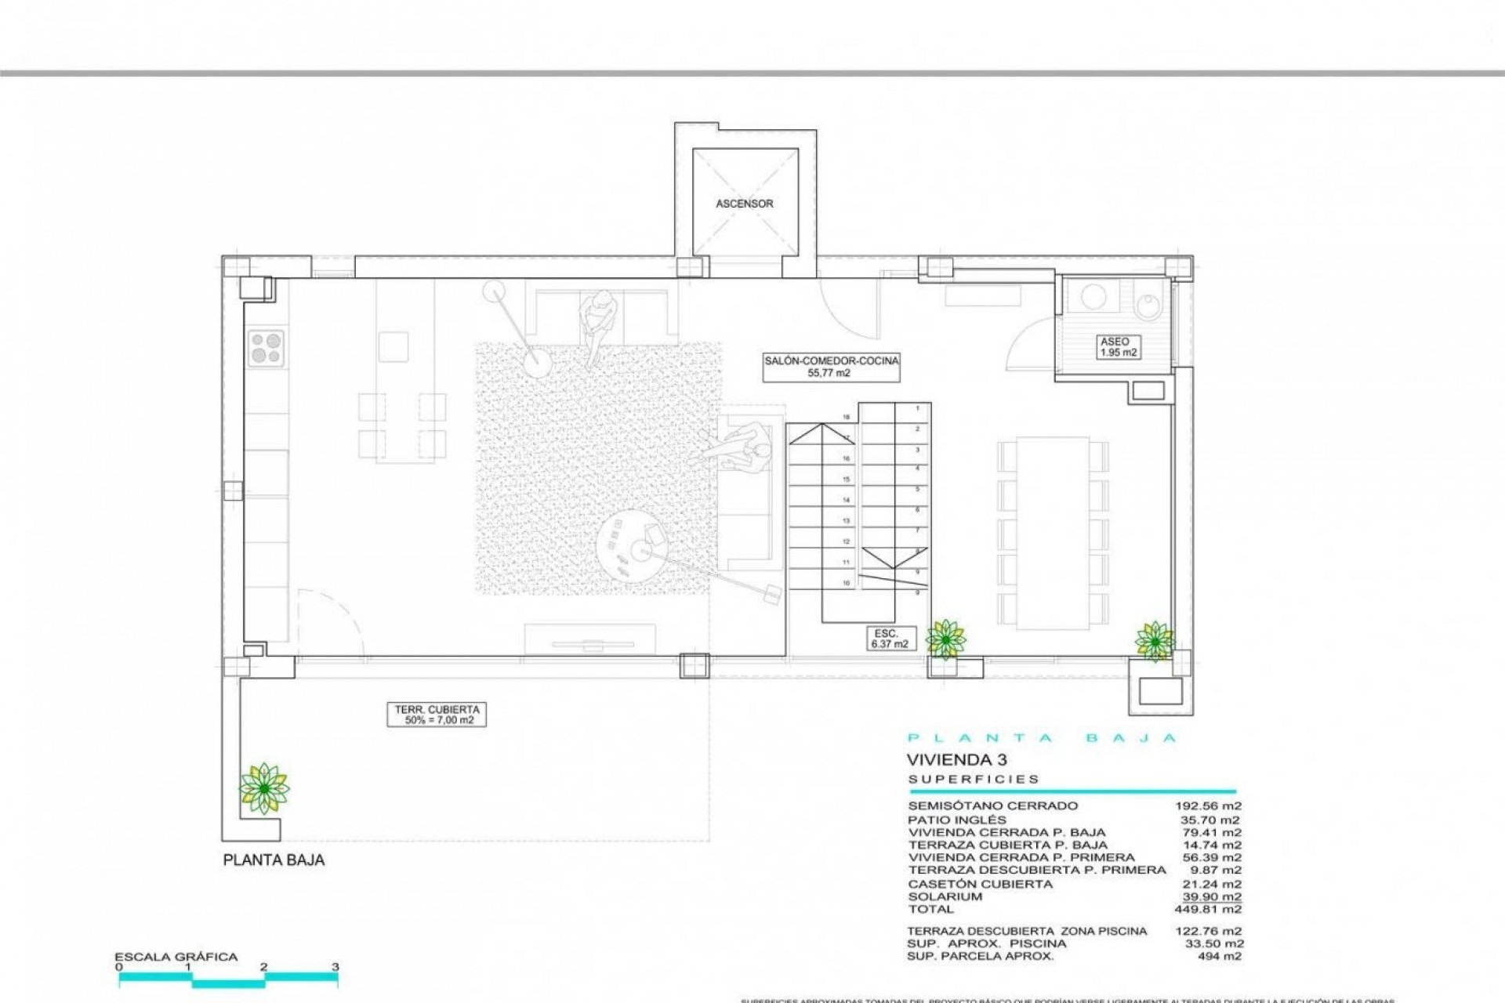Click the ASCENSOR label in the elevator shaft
744,204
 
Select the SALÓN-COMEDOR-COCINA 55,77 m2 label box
831,367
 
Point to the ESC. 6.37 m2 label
889,638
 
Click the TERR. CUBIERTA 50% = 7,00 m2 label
436,715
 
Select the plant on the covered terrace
264,788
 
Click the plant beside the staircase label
945,639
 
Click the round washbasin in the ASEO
1093,296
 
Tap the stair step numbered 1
917,408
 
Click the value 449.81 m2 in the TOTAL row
1210,910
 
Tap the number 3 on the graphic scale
335,967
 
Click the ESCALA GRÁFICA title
176,957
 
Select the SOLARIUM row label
944,896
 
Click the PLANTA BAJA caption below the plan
274,860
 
